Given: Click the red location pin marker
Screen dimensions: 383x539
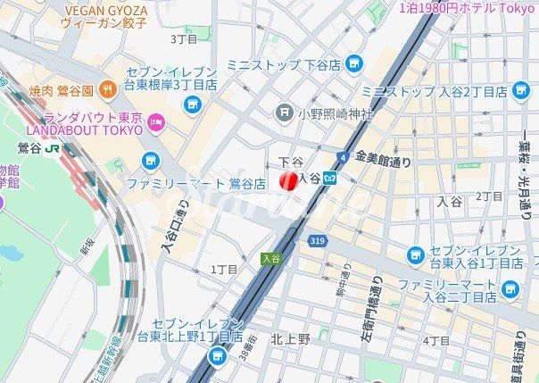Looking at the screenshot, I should pyautogui.click(x=288, y=181).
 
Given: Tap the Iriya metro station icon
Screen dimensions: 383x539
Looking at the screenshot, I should pyautogui.click(x=330, y=179).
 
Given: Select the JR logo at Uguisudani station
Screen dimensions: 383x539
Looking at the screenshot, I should pyautogui.click(x=54, y=148).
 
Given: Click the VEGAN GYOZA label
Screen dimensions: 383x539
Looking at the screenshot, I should pyautogui.click(x=105, y=10).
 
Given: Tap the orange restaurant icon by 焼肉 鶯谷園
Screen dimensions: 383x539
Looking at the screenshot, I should pyautogui.click(x=107, y=88).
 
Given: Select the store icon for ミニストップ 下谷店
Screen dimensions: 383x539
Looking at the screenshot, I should pyautogui.click(x=354, y=63).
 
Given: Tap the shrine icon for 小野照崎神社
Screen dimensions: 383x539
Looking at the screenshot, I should pyautogui.click(x=285, y=112).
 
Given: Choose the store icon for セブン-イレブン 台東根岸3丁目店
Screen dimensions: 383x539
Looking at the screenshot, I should pyautogui.click(x=192, y=104).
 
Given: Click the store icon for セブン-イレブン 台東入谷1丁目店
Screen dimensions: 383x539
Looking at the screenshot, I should pyautogui.click(x=416, y=256).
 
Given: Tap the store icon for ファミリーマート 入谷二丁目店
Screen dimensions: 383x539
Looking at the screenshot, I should pyautogui.click(x=510, y=289).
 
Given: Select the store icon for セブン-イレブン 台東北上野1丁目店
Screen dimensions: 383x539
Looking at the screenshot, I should pyautogui.click(x=217, y=356).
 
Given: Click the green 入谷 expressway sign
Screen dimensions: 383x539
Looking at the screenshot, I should pyautogui.click(x=271, y=258).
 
